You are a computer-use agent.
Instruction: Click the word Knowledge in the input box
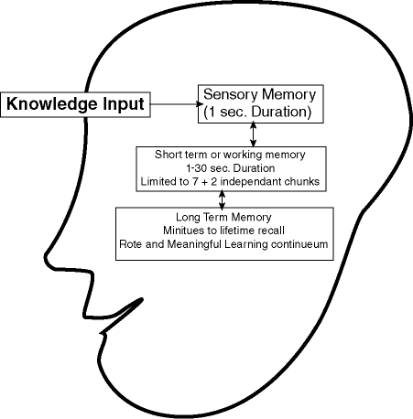52,105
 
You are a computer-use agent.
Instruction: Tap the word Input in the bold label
124,105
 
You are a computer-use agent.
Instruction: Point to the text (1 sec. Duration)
257,112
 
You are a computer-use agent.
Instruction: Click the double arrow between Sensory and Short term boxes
253,134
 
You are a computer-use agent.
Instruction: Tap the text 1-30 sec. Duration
231,168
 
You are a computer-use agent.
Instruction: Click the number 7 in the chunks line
195,182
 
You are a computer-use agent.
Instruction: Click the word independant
251,182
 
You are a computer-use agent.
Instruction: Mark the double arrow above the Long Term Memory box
223,199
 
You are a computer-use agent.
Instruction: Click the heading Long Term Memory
223,217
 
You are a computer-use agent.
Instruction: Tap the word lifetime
237,231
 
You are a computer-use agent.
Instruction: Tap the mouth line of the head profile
122,317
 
